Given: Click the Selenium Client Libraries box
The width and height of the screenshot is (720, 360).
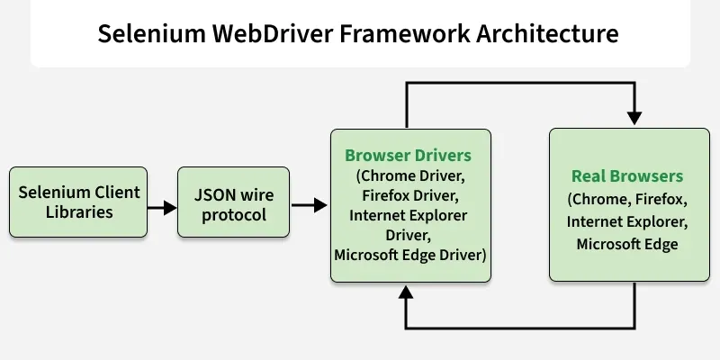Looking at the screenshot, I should coord(78,202).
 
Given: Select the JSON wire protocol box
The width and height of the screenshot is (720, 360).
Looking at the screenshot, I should coord(233,202).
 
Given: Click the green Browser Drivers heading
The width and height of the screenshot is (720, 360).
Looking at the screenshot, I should coord(408,156).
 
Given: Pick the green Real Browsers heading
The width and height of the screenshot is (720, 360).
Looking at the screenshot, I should coord(627,176).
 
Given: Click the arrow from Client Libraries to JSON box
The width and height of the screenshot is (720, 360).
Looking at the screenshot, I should coord(163,208).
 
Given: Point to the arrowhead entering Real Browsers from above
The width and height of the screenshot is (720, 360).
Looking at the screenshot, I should coord(634,118).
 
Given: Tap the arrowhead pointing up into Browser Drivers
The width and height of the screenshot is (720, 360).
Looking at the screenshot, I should coord(406,292).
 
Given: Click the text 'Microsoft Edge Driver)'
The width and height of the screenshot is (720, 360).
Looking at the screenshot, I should coord(410,255).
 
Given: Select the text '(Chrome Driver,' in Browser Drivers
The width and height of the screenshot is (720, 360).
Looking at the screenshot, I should coord(409,175).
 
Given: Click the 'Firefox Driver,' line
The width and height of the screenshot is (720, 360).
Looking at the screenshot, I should coord(409,195).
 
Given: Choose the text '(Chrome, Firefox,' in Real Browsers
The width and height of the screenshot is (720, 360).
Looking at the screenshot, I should coord(627,199).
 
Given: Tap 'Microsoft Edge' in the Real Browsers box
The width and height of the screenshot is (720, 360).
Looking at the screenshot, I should coord(627,244).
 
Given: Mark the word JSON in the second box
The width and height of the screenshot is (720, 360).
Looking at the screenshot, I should coord(215,193).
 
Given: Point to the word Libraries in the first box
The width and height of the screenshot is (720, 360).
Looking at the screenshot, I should coord(78,212).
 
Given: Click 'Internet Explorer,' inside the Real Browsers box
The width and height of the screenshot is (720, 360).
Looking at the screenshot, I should coord(627,221).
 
